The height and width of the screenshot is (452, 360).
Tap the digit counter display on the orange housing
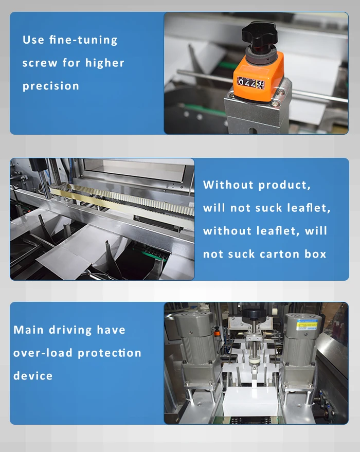point(250,83)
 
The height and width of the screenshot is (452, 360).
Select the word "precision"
point(51,86)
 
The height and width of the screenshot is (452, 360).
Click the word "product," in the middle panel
point(284,185)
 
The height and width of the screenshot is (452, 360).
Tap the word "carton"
point(279,254)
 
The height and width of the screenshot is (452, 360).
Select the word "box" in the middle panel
point(315,254)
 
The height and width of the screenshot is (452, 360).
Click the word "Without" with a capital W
point(228,185)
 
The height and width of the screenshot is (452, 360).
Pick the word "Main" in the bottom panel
point(28,330)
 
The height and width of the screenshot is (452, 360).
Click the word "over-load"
point(43,353)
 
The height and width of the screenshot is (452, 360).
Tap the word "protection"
point(110,353)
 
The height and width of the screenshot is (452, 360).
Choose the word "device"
point(33,375)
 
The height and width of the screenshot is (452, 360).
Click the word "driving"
point(70,330)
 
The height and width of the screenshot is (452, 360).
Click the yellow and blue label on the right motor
point(307,324)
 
